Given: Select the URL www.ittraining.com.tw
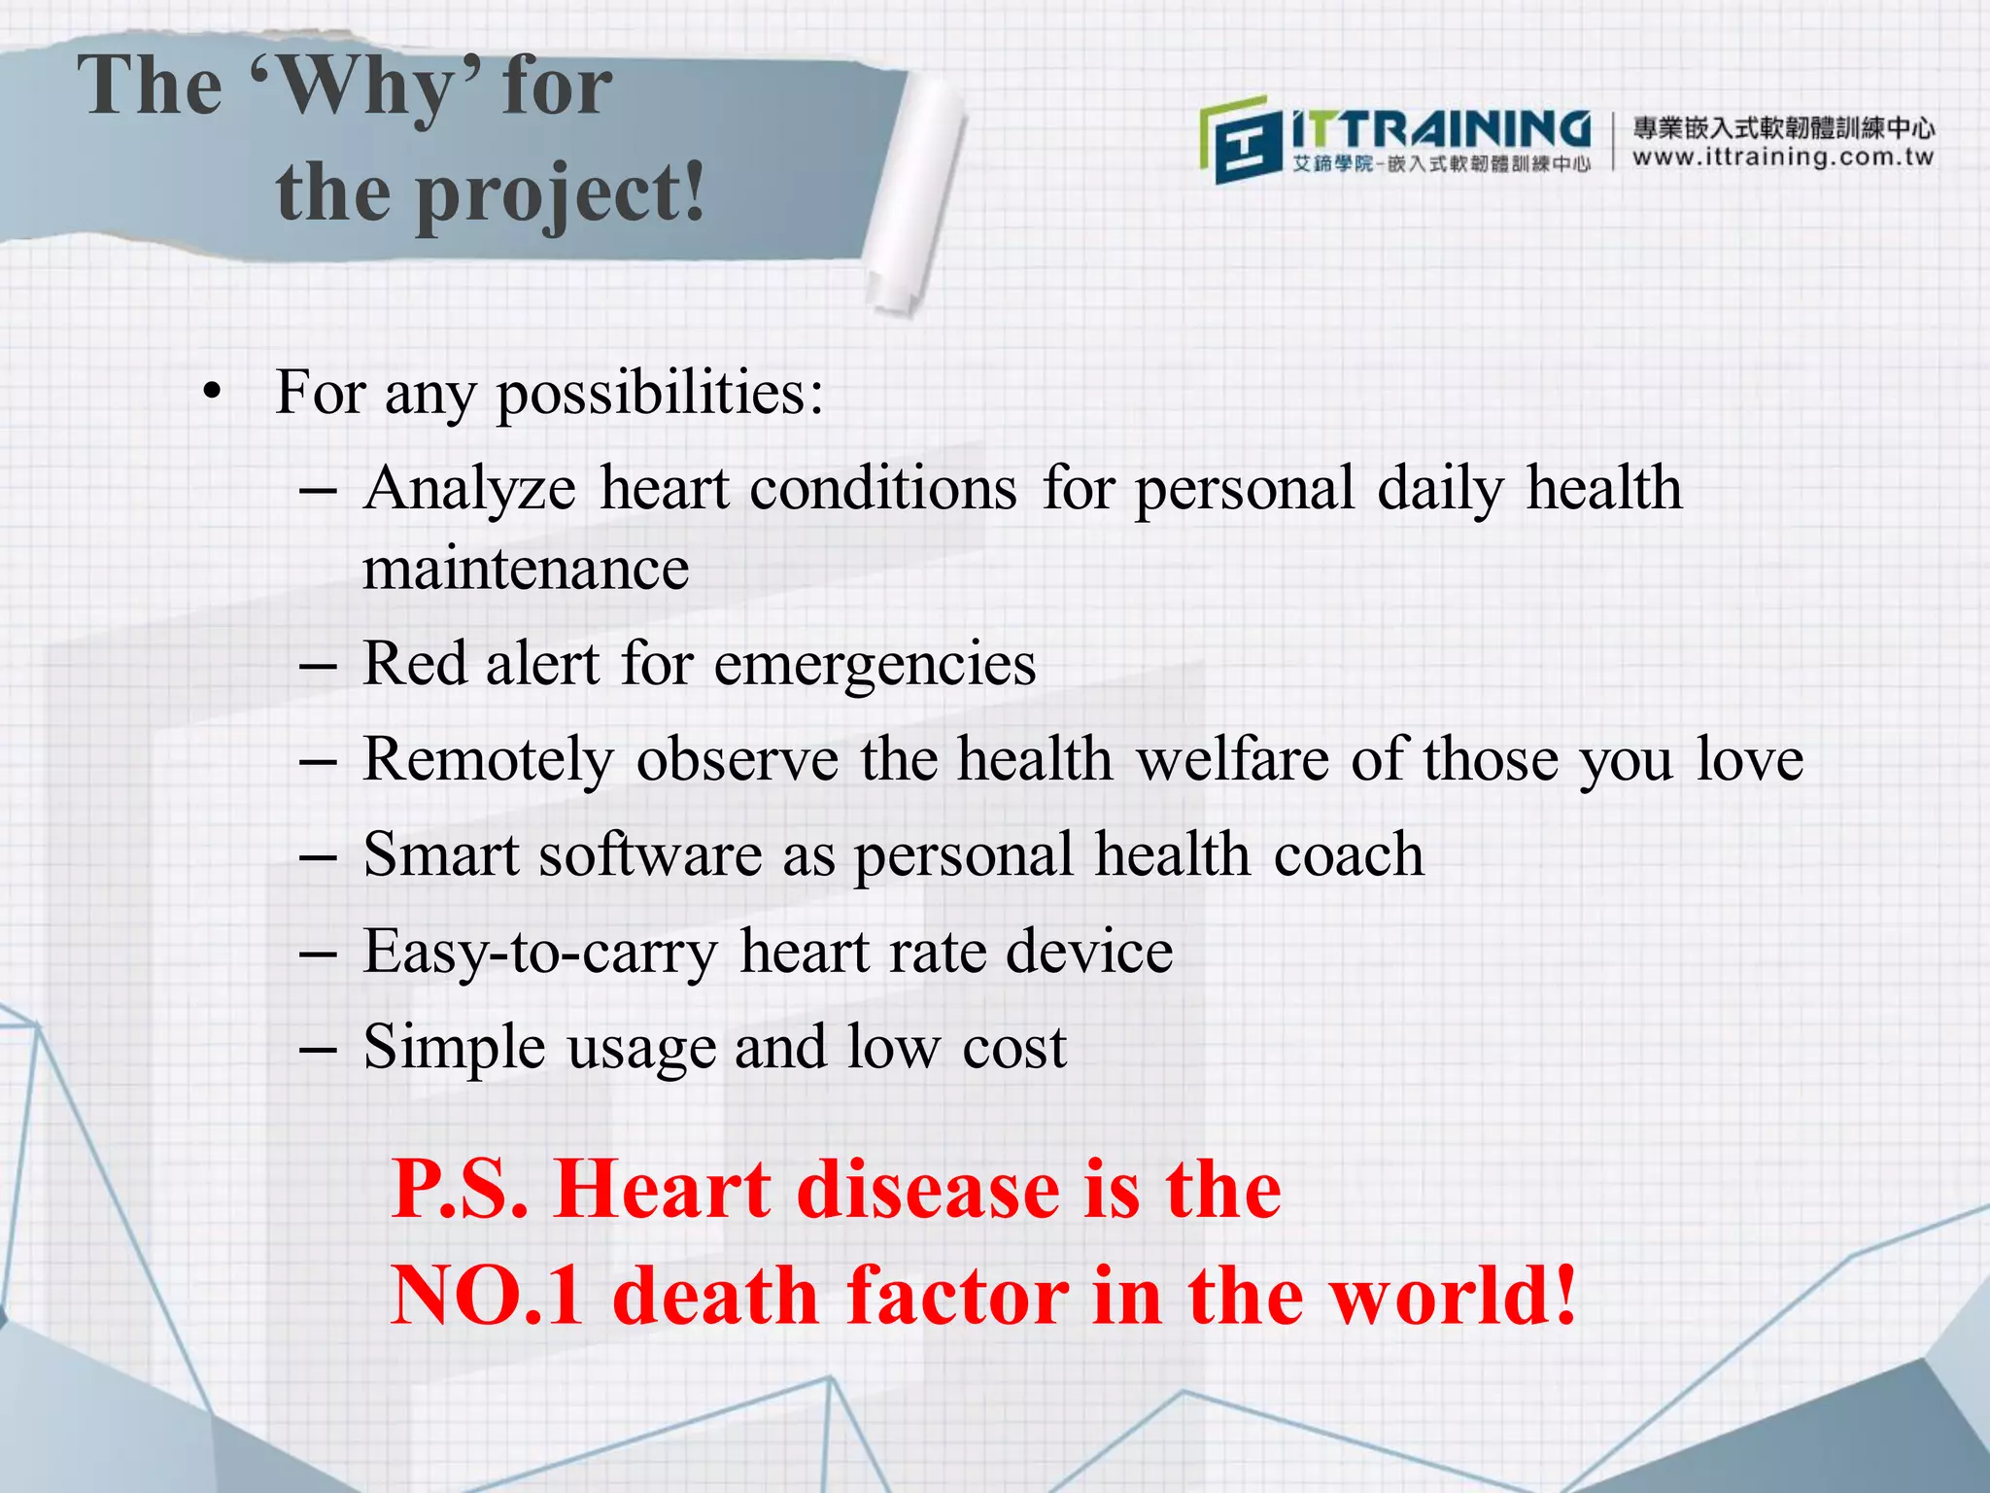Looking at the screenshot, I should pos(1783,157).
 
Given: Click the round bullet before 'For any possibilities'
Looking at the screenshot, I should pos(213,394).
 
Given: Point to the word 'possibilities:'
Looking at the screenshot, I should pos(661,394).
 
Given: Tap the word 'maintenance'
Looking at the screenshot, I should pos(526,569).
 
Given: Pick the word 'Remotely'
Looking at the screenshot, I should pos(489,759).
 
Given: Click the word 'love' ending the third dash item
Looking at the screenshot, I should pos(1749,759).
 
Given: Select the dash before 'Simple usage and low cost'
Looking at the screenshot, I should pos(318,1050).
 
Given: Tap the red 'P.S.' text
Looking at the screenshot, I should pos(460,1190).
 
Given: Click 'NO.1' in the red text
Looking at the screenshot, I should pos(488,1296).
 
